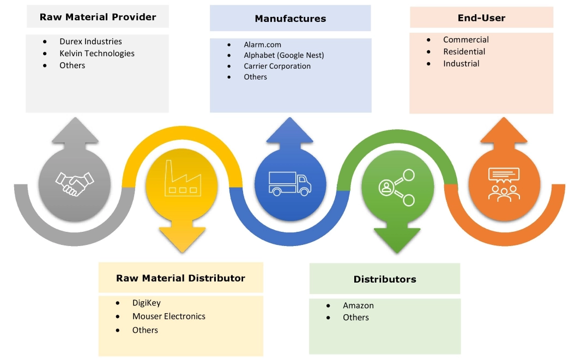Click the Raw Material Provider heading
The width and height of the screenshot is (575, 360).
98,17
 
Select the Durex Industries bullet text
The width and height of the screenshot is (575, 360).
90,41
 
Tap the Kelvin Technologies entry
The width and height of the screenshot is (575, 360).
96,53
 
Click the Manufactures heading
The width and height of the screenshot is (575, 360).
290,19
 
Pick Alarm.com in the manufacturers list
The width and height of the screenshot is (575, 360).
262,44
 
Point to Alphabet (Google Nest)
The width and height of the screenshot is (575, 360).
283,55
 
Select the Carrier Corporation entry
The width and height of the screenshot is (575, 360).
277,66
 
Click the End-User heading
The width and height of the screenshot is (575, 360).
481,18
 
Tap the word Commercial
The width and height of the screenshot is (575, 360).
465,40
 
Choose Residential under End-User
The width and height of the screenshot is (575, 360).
464,52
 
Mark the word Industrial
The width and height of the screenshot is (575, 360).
461,64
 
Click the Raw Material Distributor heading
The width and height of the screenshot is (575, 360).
180,278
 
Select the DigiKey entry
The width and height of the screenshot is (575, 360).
146,303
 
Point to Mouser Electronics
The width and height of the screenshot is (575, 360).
168,316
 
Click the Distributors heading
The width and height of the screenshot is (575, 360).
384,279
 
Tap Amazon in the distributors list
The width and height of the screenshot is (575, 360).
358,305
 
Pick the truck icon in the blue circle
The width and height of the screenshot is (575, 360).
290,183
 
